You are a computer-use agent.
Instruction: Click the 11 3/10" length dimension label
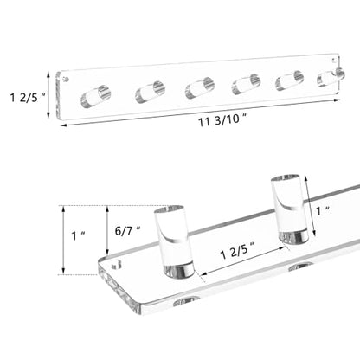222,120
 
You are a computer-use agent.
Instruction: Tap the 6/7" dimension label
128,231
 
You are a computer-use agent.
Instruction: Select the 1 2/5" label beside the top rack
28,97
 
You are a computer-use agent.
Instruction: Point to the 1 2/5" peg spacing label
238,252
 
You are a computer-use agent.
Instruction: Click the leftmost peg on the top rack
96,96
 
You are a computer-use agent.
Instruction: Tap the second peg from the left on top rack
151,93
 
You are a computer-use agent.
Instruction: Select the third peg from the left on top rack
200,88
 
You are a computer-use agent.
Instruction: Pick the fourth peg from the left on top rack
246,84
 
